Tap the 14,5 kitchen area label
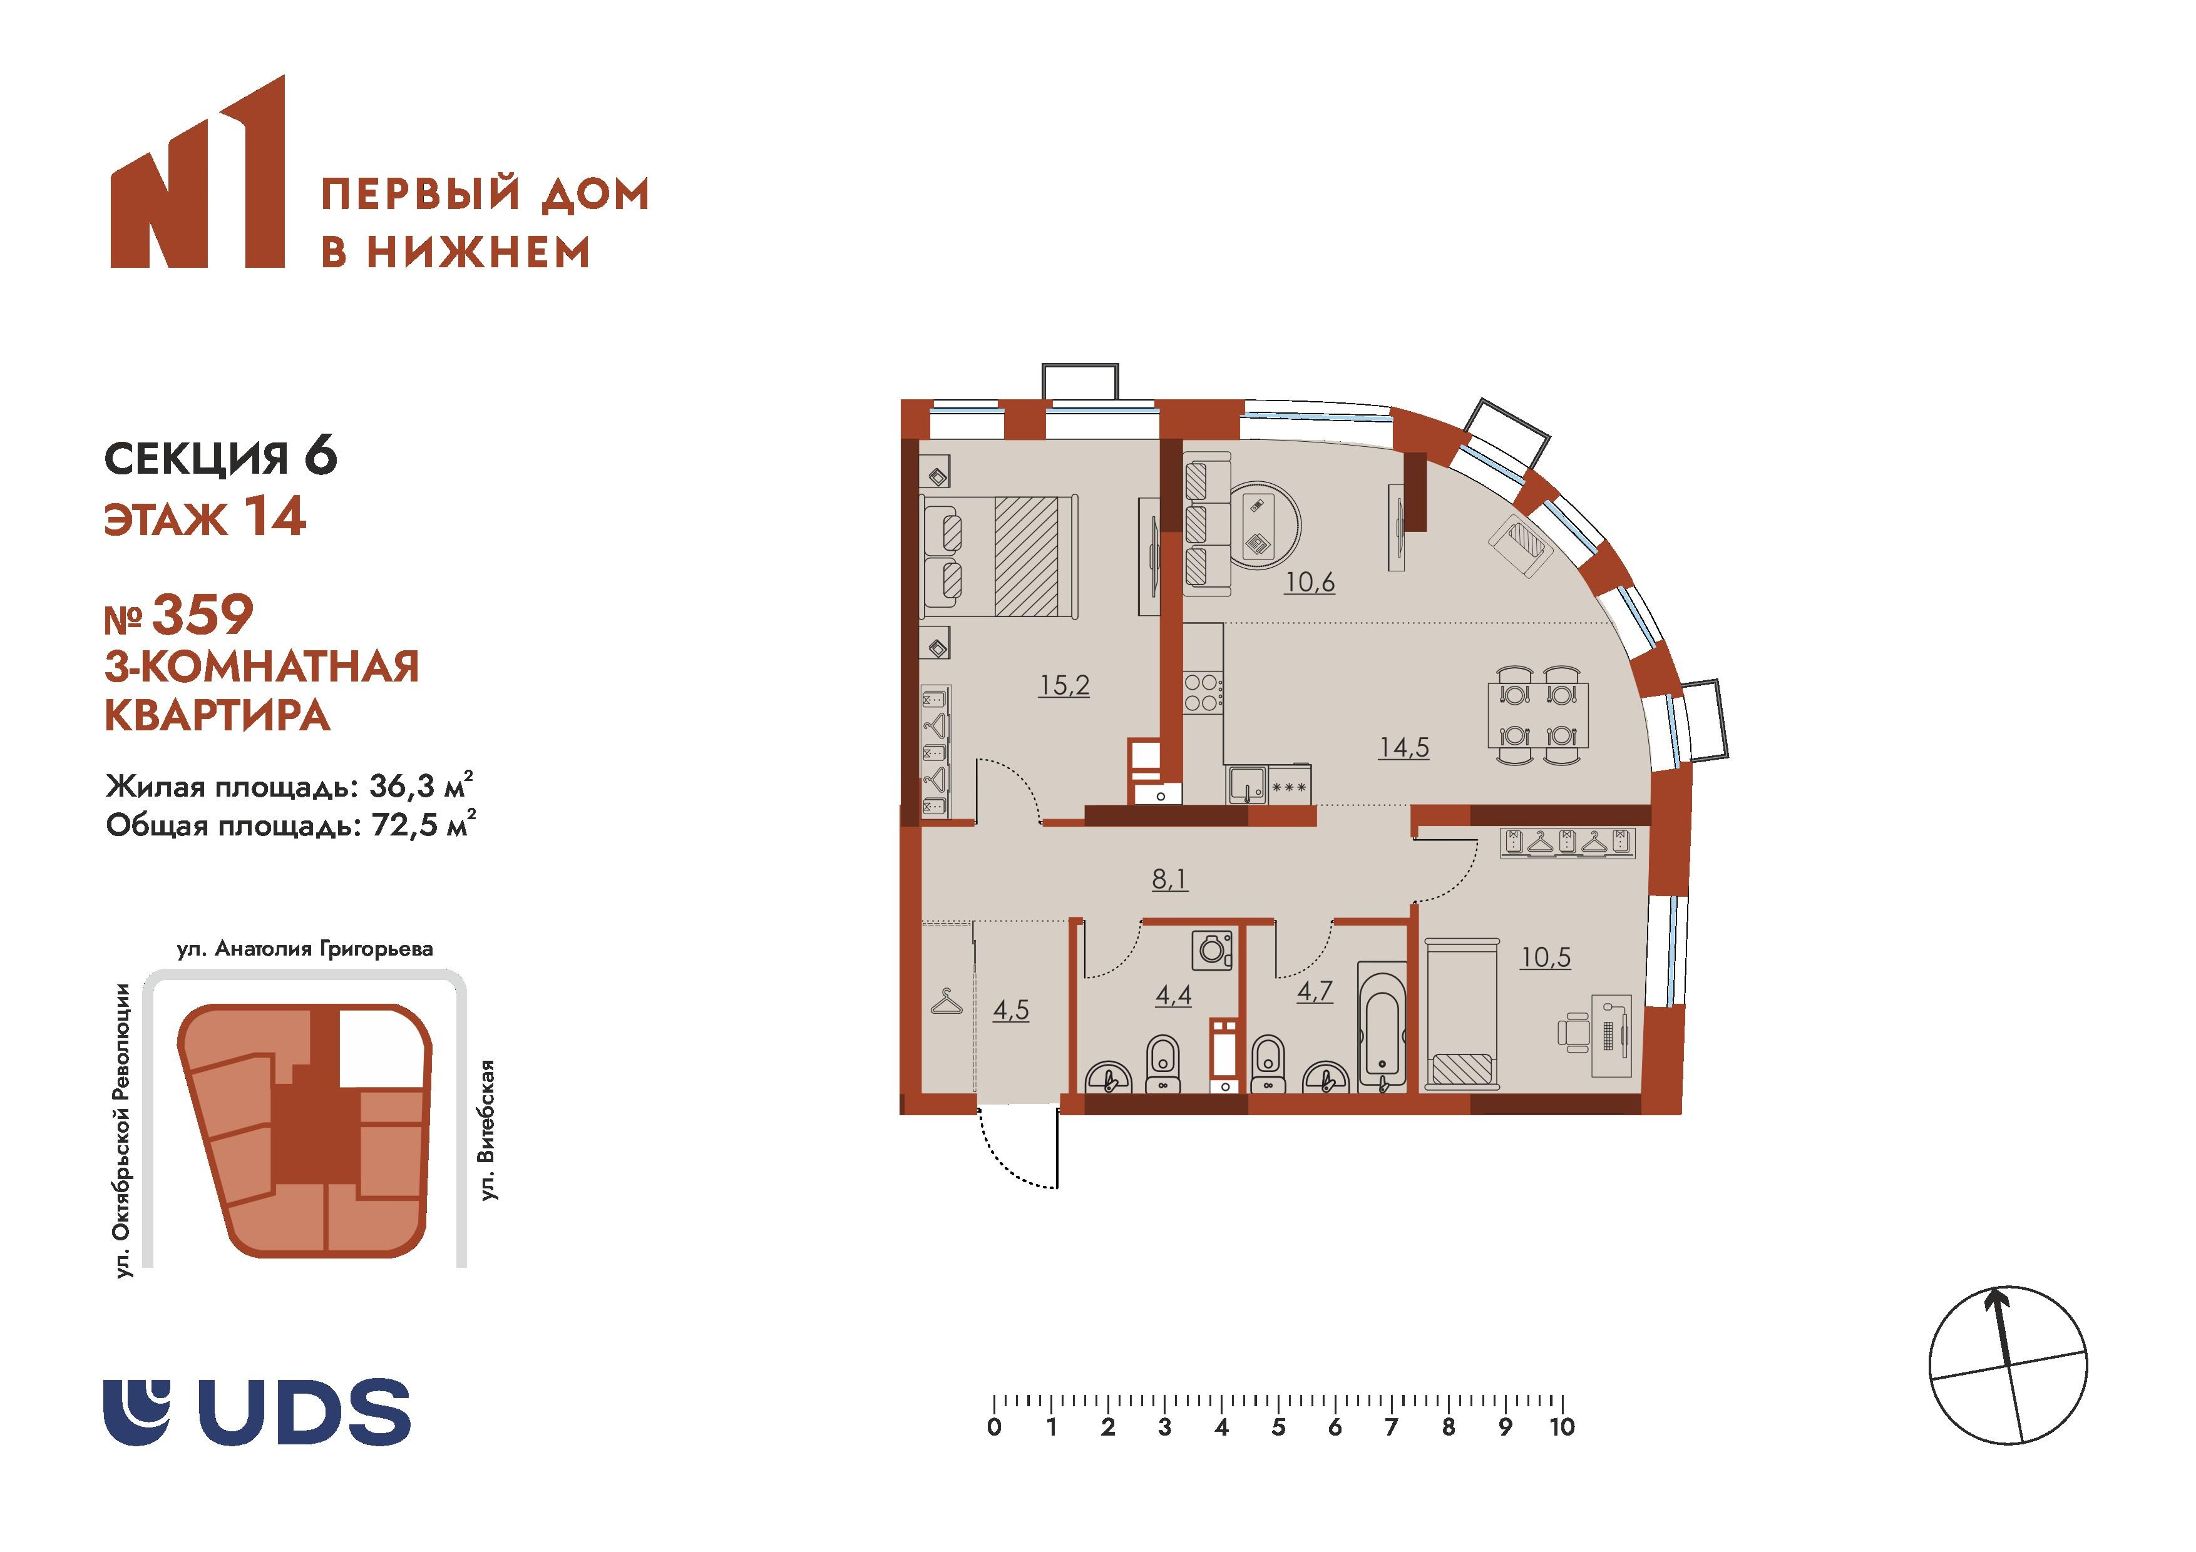pyautogui.click(x=1403, y=747)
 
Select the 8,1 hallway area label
pyautogui.click(x=1170, y=878)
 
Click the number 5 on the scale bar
pyautogui.click(x=1278, y=1427)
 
